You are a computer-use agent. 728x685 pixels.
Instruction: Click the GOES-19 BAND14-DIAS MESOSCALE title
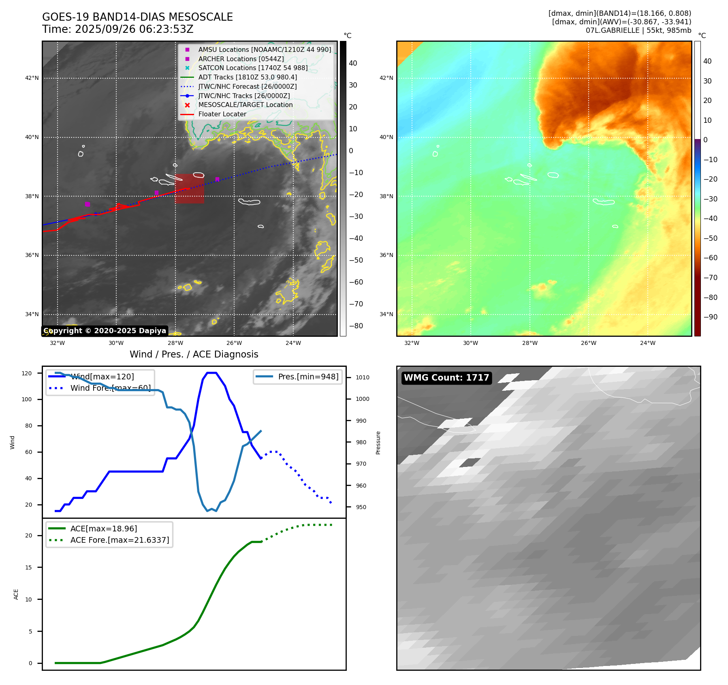tap(137, 17)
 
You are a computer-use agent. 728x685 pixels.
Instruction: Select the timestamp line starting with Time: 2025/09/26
tap(117, 29)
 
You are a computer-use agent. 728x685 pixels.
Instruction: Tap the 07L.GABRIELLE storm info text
tap(638, 30)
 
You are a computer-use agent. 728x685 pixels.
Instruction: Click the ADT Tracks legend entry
tap(247, 77)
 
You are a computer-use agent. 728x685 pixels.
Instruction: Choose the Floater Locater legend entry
tap(222, 114)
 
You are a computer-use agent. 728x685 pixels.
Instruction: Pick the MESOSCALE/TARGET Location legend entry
tap(245, 105)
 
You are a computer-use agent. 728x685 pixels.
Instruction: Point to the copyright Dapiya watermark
tap(105, 331)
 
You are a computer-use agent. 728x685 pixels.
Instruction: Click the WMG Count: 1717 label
tap(446, 378)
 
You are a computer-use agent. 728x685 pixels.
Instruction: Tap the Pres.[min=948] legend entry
tap(308, 377)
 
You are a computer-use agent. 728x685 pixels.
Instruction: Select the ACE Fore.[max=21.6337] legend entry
tap(120, 540)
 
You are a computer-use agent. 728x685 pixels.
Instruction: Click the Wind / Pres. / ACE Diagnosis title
tap(194, 354)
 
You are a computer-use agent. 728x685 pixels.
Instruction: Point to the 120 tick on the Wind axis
tap(27, 373)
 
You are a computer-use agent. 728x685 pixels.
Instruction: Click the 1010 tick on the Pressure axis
tap(362, 377)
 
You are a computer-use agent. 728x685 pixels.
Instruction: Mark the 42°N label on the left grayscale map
tap(32, 78)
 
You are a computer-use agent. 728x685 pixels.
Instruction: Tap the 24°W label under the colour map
tap(647, 343)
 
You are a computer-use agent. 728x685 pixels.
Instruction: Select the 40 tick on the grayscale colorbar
tap(353, 63)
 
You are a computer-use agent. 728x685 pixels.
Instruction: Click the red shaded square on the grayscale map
tap(190, 188)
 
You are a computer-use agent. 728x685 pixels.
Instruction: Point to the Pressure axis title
tap(378, 443)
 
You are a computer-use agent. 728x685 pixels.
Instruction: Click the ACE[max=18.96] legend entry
tap(103, 529)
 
